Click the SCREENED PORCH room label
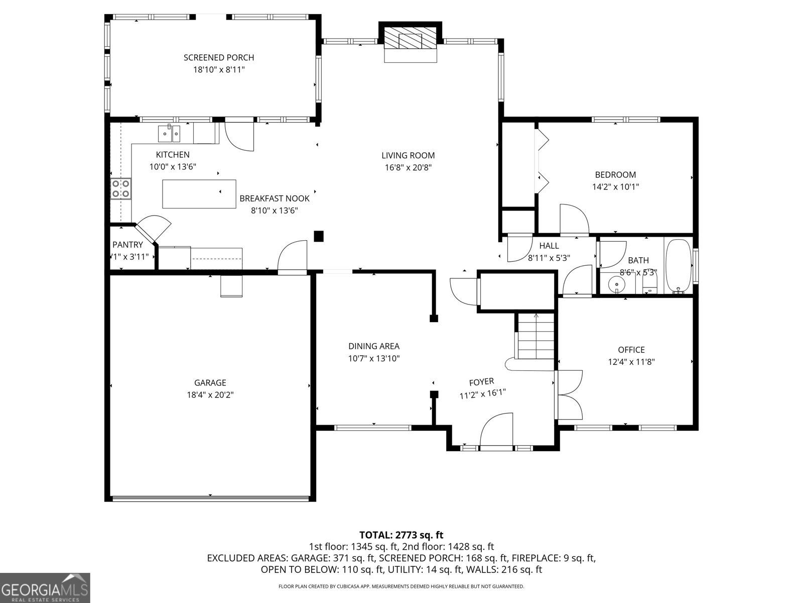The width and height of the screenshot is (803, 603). [x=219, y=57]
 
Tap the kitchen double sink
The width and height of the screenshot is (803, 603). [x=169, y=133]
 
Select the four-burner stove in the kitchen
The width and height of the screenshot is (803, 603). [x=121, y=188]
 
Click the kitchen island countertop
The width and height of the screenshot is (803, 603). [x=199, y=193]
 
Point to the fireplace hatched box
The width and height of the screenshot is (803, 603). [x=411, y=37]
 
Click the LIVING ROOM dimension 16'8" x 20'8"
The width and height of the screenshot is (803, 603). [x=408, y=168]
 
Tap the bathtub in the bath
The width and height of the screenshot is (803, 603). [x=679, y=266]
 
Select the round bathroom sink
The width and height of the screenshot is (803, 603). [x=617, y=284]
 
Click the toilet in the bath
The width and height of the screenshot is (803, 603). [x=650, y=284]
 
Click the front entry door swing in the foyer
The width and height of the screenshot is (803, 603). [x=496, y=430]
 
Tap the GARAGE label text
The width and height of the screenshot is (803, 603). [x=210, y=382]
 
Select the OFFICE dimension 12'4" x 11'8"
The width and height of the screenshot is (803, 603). [x=631, y=362]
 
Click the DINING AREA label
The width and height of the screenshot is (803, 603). [x=374, y=346]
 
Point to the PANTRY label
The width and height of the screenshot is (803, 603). [x=127, y=245]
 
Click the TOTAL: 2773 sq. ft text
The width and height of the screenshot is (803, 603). [x=401, y=535]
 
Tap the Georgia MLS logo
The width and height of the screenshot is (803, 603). [x=45, y=587]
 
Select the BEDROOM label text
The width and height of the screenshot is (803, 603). [x=615, y=175]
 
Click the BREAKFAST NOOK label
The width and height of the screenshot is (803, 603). [x=275, y=198]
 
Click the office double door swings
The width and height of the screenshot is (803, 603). [x=569, y=394]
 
